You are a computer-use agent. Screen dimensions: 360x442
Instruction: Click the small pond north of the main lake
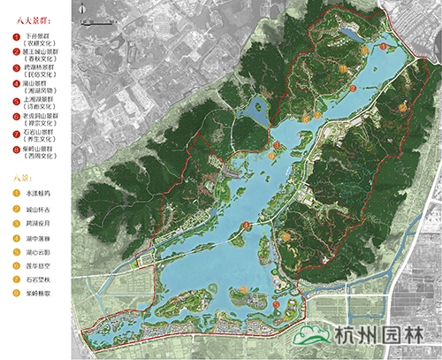tap(352, 34)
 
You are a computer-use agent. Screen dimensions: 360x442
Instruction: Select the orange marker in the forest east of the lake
tap(402, 106)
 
